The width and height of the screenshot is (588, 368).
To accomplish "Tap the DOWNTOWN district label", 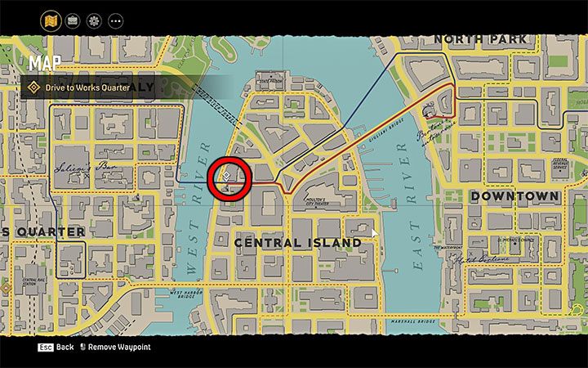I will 514,196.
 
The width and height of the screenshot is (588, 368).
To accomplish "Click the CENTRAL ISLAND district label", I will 298,243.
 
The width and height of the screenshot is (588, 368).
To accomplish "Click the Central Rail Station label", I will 33,281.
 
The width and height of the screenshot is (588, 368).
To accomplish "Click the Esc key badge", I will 45,348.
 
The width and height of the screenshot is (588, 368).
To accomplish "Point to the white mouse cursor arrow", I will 374,233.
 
